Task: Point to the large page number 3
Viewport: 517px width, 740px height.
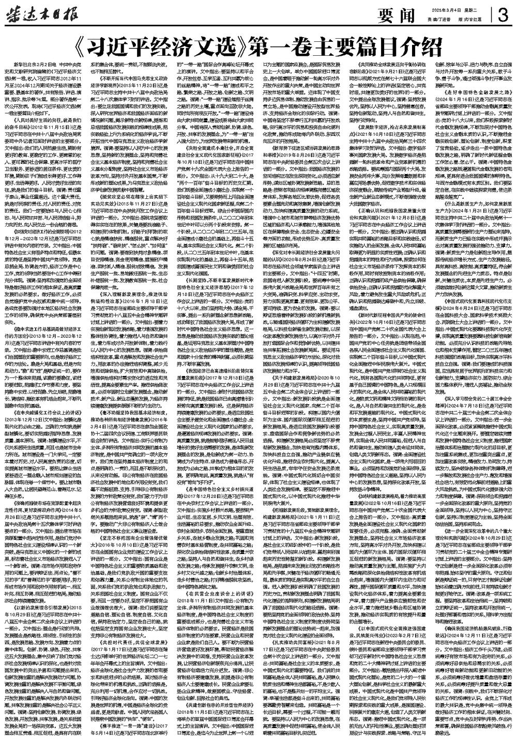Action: tap(502, 16)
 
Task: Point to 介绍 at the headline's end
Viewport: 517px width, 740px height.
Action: tap(425, 48)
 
